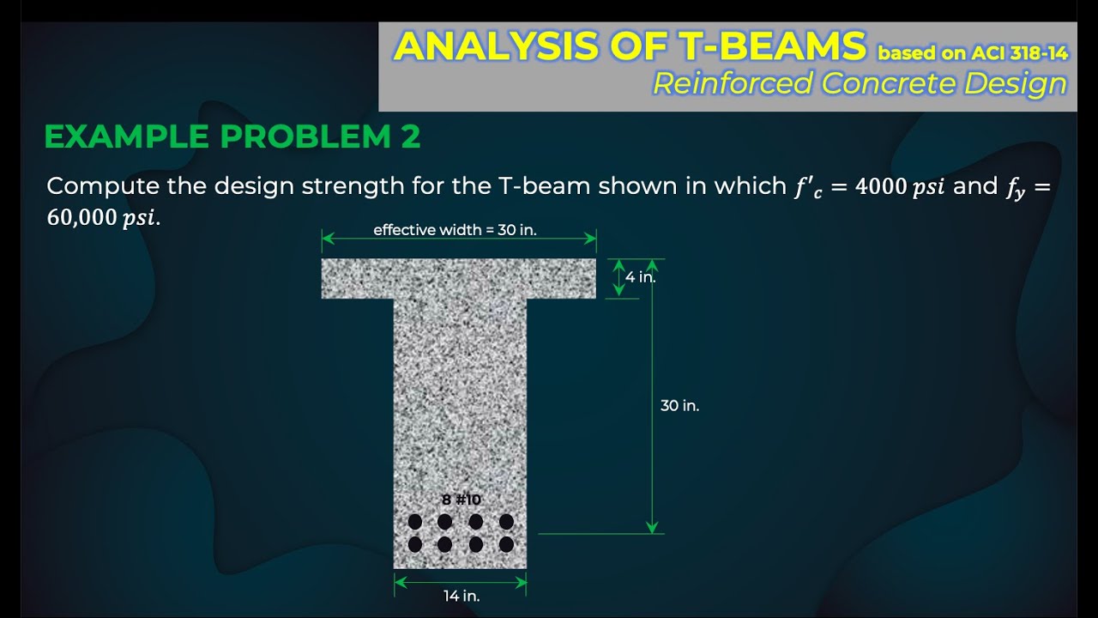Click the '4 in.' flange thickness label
click(641, 277)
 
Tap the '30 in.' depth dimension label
click(679, 406)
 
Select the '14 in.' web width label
click(462, 597)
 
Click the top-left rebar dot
click(415, 522)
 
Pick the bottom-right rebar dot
click(506, 544)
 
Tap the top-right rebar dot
click(506, 522)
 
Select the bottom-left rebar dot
click(415, 544)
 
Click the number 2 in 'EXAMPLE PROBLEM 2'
click(410, 136)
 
